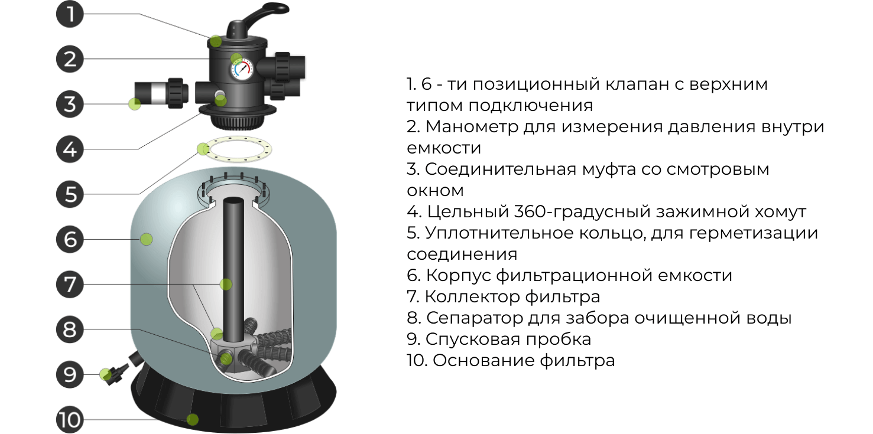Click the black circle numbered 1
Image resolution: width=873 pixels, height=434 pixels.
(x=70, y=14)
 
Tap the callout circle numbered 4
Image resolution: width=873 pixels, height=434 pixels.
(x=70, y=149)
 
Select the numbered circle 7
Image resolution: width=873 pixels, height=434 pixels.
(x=70, y=285)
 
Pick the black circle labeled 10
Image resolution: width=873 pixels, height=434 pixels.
(x=70, y=420)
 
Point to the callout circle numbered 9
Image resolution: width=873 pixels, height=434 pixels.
(x=70, y=374)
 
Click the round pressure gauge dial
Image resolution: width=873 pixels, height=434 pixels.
(x=242, y=70)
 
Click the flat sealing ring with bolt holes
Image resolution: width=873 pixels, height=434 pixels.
(x=238, y=149)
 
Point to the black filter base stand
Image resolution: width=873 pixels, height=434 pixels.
(x=234, y=405)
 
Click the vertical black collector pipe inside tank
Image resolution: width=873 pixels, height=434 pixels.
(x=233, y=269)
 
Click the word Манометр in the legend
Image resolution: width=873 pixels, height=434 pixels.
(x=472, y=127)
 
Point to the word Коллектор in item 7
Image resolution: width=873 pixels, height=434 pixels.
(x=472, y=296)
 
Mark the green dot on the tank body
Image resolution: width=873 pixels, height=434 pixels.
(x=147, y=239)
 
